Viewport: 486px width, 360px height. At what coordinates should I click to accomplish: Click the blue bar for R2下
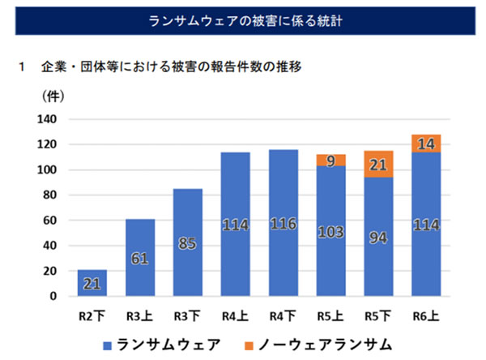(92, 282)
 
